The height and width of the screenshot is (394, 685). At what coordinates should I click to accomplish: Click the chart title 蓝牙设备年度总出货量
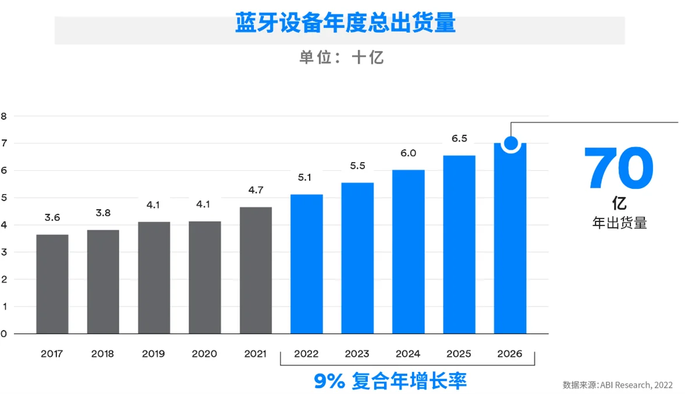click(345, 23)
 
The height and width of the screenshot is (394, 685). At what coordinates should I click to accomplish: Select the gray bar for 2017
click(52, 284)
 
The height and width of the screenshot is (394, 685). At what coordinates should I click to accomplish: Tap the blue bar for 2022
click(306, 263)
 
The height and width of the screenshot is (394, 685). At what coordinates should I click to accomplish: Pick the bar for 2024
click(408, 251)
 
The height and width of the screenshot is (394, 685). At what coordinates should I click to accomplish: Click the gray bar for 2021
click(255, 270)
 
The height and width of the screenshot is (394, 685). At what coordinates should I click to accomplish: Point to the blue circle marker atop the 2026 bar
click(510, 143)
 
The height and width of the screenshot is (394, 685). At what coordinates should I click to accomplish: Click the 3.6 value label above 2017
click(52, 217)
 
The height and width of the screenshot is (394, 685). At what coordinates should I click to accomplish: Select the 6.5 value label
click(459, 139)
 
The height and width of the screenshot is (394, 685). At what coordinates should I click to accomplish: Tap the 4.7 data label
click(255, 189)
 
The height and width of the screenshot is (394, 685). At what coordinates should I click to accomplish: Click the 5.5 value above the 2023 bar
click(357, 166)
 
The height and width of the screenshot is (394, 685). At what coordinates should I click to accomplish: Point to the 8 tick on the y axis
click(4, 115)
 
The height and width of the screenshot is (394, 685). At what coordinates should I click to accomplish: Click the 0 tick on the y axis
click(4, 334)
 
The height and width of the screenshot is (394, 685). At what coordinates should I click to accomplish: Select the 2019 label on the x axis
click(154, 354)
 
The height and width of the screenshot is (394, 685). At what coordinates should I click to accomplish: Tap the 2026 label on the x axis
click(510, 354)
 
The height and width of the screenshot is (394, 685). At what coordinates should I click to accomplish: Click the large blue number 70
click(619, 169)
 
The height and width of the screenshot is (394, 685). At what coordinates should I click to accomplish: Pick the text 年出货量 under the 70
click(620, 223)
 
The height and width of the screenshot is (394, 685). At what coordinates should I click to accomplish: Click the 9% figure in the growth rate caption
click(330, 381)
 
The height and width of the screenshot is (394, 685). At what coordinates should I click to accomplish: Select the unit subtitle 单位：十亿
click(342, 58)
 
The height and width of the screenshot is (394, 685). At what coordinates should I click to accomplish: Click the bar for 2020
click(205, 277)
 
